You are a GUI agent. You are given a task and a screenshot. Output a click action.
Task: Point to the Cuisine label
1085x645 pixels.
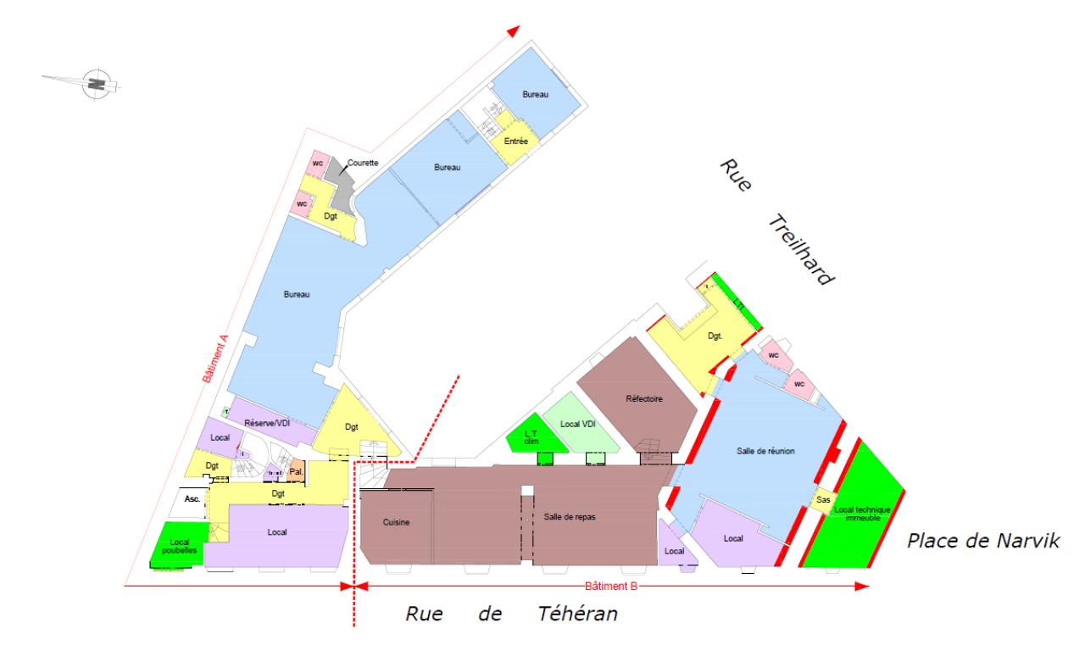coord(396,522)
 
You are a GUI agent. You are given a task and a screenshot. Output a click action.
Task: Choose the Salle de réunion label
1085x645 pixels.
coord(765,451)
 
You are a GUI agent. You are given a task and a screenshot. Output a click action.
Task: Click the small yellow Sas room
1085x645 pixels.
coord(821,500)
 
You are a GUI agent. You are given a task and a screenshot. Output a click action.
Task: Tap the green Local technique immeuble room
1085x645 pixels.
coord(855,514)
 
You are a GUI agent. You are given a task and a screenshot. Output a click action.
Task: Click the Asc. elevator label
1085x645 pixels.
coord(192,499)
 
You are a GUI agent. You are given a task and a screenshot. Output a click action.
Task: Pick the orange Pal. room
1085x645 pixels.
coord(297,471)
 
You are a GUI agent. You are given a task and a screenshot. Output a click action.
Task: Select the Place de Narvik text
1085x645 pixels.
coord(982,541)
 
